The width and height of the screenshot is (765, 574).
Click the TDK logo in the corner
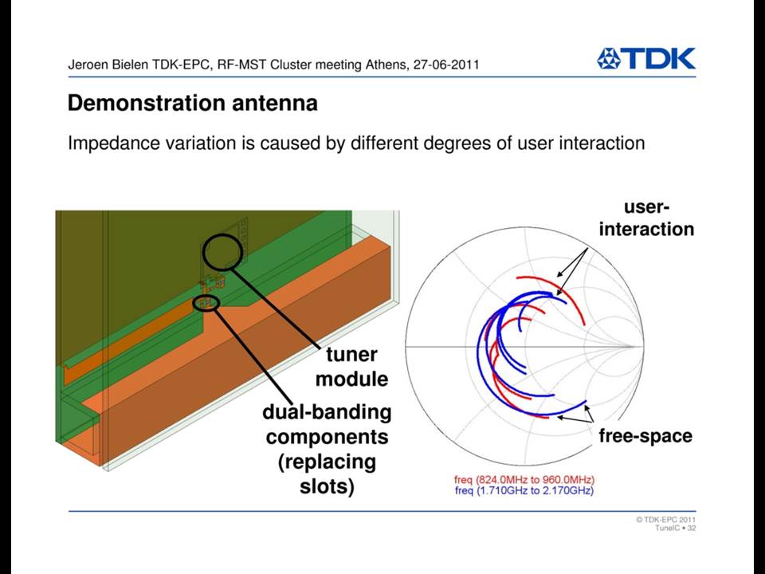(x=646, y=58)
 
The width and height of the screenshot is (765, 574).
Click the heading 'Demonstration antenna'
(x=193, y=103)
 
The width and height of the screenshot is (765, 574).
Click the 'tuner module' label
(x=351, y=367)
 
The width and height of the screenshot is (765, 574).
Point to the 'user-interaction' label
(x=646, y=218)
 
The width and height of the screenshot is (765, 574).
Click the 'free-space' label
(x=645, y=436)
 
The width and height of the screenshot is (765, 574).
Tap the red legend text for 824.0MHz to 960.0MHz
(x=524, y=480)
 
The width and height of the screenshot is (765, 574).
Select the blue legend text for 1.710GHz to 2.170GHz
(x=524, y=490)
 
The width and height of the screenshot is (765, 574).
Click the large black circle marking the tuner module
(x=203, y=252)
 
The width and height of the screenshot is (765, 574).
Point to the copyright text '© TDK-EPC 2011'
(x=665, y=520)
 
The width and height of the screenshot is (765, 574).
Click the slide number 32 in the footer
(x=692, y=528)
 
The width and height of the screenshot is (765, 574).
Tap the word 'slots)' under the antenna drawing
(x=327, y=486)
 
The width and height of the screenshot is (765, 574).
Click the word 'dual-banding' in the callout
(x=327, y=412)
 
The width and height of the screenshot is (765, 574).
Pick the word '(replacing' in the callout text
(x=327, y=462)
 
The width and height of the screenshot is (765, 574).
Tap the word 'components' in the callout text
(x=327, y=437)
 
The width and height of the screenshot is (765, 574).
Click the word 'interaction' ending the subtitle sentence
(x=602, y=143)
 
